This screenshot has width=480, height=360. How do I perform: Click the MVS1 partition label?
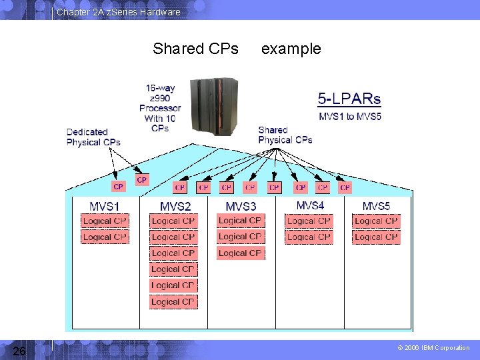pos(105,206)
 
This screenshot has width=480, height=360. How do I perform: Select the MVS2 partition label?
pos(175,207)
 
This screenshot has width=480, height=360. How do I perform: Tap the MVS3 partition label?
pos(241,207)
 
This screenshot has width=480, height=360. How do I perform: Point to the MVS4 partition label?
pos(310,205)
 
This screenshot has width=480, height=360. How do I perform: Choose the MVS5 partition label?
pos(377,206)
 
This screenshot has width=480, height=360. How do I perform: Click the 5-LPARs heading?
pos(349,99)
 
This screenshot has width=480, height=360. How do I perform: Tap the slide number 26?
pos(19,351)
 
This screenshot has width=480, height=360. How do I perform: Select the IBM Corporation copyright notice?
pos(433,348)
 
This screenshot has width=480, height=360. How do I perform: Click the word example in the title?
pos(291,49)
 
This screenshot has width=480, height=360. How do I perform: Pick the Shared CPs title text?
pos(195,49)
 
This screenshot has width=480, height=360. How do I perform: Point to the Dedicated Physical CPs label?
pos(93,137)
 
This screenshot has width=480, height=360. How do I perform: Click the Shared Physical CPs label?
pos(285,135)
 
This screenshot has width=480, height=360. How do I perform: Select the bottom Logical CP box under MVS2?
pos(173,301)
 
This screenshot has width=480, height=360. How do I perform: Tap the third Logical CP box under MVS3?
pos(241,253)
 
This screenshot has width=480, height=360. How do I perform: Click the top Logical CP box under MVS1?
pos(105,221)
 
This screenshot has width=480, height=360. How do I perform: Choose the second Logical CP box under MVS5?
pos(376,237)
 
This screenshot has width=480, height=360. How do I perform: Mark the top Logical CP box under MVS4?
pos(309,221)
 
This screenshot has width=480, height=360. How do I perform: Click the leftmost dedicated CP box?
pos(119,187)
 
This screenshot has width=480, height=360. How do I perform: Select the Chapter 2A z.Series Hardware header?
pos(118,12)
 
